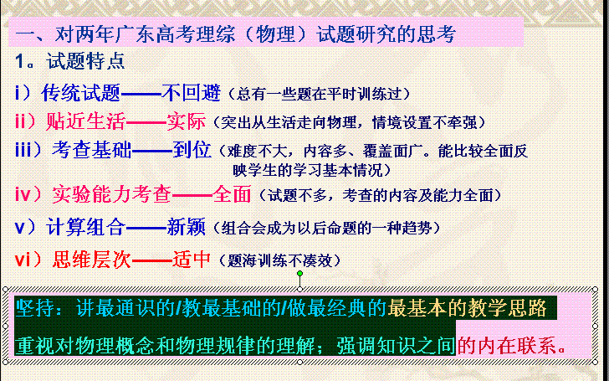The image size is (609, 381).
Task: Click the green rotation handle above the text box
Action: (299, 274)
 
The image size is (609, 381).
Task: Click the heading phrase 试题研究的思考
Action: (386, 34)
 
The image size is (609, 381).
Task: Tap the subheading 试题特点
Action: (85, 61)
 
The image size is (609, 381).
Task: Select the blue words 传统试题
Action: (81, 93)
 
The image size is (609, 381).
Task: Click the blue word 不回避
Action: (191, 93)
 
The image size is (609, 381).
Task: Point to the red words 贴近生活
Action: (85, 121)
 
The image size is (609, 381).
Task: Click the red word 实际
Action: (186, 121)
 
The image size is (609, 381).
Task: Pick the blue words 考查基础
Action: (92, 150)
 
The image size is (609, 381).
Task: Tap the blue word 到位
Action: (192, 150)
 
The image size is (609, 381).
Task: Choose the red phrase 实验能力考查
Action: (111, 194)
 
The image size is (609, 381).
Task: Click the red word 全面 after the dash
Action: (232, 194)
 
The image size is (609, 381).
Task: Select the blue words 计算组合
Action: (85, 227)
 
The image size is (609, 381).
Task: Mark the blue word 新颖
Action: (186, 227)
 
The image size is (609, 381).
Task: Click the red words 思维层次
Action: (92, 260)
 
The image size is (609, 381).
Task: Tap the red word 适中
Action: (192, 260)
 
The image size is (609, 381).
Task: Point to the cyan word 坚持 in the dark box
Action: (35, 309)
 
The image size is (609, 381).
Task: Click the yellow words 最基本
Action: (417, 309)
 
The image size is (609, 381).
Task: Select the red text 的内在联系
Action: (506, 345)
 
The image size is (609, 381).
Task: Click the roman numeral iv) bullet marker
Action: (28, 194)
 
